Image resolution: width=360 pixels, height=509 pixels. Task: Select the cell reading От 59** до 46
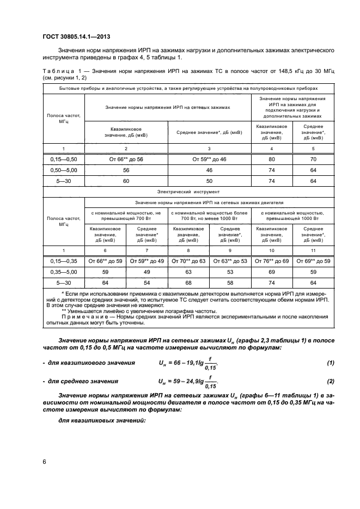209,160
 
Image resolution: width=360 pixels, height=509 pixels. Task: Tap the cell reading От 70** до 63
188,261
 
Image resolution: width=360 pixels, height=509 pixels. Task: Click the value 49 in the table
147,271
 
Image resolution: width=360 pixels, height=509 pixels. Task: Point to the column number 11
313,250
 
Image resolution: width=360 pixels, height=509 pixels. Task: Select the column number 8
188,250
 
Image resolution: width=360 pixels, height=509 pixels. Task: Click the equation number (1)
329,363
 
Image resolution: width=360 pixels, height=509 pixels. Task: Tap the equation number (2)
329,382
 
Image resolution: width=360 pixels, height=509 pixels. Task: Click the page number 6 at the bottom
44,462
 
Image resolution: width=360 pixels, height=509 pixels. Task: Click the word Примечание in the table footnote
81,316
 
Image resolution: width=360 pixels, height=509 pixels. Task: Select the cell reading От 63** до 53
230,261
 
